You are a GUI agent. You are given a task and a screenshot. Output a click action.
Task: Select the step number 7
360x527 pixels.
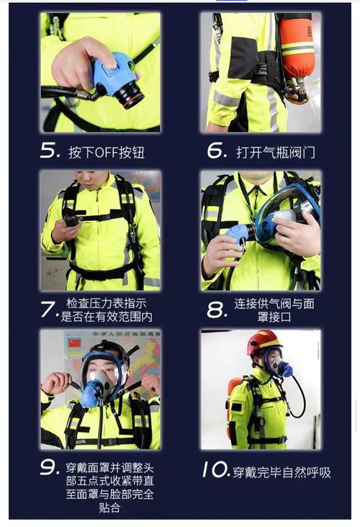coord(48,310)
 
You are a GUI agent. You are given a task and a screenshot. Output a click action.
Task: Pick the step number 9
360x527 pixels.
coord(50,467)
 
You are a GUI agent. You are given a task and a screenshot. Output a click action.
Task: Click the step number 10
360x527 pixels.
coord(215,471)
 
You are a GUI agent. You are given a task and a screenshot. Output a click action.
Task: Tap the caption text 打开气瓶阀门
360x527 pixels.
coord(276,153)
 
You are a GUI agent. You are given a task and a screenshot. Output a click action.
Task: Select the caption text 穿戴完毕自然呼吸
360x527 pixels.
coord(282,472)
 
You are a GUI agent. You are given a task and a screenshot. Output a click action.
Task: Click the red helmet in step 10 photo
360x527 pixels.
coord(264,342)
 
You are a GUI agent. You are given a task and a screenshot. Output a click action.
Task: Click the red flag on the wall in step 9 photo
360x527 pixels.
coord(74,343)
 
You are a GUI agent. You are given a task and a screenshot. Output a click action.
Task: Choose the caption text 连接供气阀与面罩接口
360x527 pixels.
coord(274,310)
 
